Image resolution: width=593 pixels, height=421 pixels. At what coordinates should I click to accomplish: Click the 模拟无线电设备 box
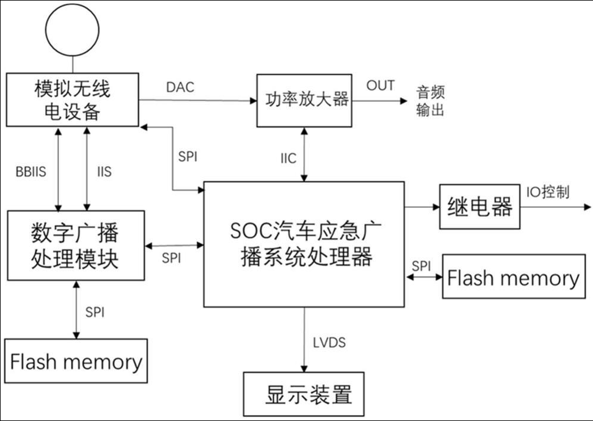[x=72, y=99]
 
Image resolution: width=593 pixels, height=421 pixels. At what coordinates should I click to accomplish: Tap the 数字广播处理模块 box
[x=75, y=245]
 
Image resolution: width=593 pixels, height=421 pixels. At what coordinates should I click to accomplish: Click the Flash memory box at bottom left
[x=76, y=362]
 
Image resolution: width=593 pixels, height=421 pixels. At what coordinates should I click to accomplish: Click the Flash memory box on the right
[x=513, y=277]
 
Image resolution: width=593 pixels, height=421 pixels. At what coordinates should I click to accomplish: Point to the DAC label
[x=181, y=87]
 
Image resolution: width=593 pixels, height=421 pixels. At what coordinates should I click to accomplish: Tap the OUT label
[x=380, y=85]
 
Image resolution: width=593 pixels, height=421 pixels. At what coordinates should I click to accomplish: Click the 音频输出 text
[x=430, y=101]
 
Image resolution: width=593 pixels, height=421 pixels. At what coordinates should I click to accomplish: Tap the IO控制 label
[x=548, y=192]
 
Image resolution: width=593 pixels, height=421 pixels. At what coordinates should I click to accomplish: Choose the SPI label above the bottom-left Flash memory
[x=94, y=311]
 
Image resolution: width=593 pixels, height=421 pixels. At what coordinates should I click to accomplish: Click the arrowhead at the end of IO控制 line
[x=588, y=207]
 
